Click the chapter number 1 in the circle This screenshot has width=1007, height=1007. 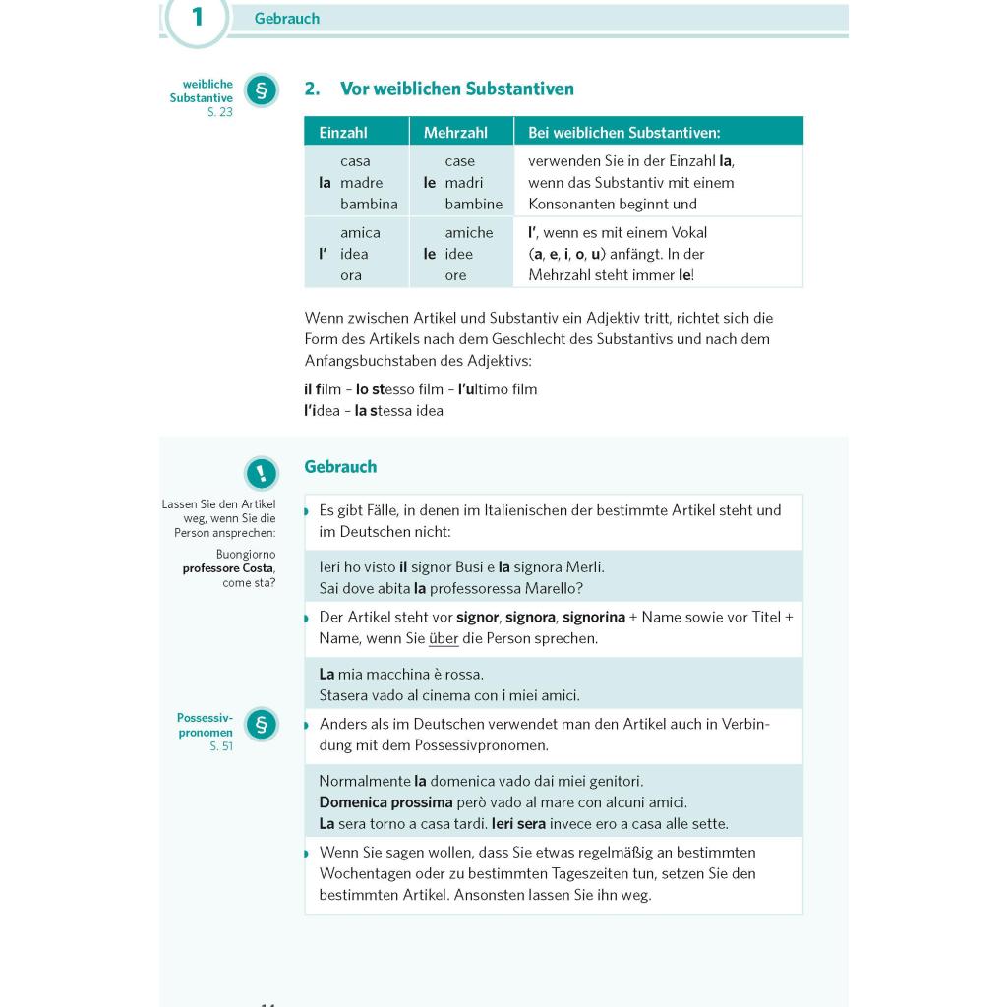coord(197,17)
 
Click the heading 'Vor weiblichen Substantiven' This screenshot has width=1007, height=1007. coord(456,89)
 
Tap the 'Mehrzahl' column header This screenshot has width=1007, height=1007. coord(455,132)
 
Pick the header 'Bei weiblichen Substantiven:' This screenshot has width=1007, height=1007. coord(623,132)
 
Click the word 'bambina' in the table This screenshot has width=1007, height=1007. coord(369,205)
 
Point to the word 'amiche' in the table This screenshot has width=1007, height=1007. coord(468,233)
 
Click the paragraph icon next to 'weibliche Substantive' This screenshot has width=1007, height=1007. coord(261,91)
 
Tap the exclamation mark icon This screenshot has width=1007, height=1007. coord(261,473)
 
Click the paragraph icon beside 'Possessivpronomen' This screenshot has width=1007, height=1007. coord(261,725)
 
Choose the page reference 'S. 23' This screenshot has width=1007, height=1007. coord(220,113)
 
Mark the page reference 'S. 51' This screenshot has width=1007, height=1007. coord(221,747)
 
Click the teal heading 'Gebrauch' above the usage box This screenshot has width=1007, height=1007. coord(340,467)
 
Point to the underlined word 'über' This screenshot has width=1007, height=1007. coord(444,638)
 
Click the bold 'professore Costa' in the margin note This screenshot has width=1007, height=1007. coord(228,568)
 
